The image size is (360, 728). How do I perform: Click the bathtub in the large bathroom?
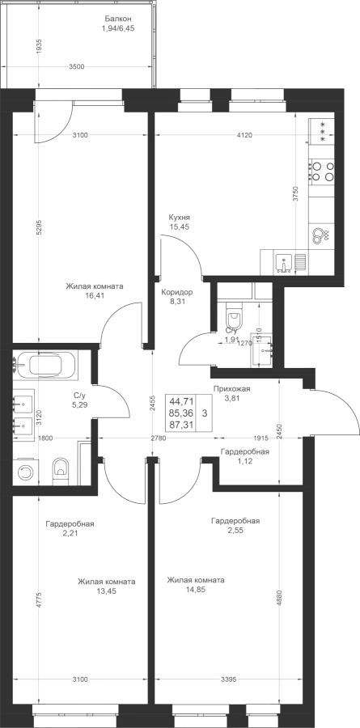(45, 366)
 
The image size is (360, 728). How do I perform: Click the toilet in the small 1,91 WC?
(233, 319)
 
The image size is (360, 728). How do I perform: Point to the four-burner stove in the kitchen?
(321, 171)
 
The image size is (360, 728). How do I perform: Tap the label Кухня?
(179, 218)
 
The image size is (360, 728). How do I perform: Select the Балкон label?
(118, 19)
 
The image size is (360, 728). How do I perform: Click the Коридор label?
(177, 293)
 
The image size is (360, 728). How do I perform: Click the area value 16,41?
(95, 295)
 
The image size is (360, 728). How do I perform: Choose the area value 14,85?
(195, 590)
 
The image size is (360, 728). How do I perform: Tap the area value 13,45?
(106, 591)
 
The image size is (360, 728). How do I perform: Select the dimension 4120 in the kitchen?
(244, 135)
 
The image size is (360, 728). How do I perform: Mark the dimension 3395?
(228, 679)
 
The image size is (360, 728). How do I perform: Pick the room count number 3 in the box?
(205, 413)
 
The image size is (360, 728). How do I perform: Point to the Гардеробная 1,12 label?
(245, 456)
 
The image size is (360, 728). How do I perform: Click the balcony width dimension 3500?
(77, 67)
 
